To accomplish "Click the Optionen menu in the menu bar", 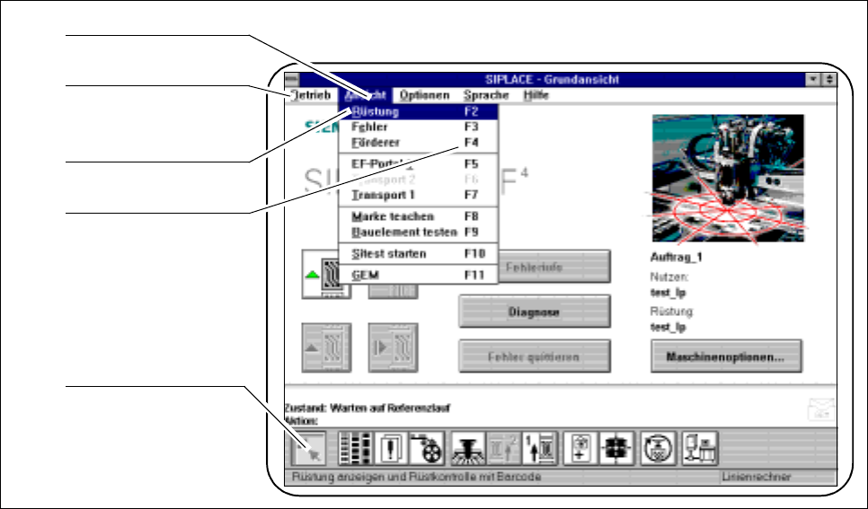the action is click(425, 95).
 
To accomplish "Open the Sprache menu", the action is click(486, 95).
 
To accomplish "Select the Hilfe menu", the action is click(536, 95).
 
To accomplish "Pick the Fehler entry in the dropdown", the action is click(371, 127).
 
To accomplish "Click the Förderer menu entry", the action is click(376, 142).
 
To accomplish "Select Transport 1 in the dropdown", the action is click(379, 194).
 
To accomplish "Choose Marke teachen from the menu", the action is click(393, 216).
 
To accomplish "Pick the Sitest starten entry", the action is click(388, 254).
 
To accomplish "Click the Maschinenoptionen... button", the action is click(726, 356).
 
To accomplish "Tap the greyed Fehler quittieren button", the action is click(535, 356).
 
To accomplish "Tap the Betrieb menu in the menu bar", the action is click(310, 95).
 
